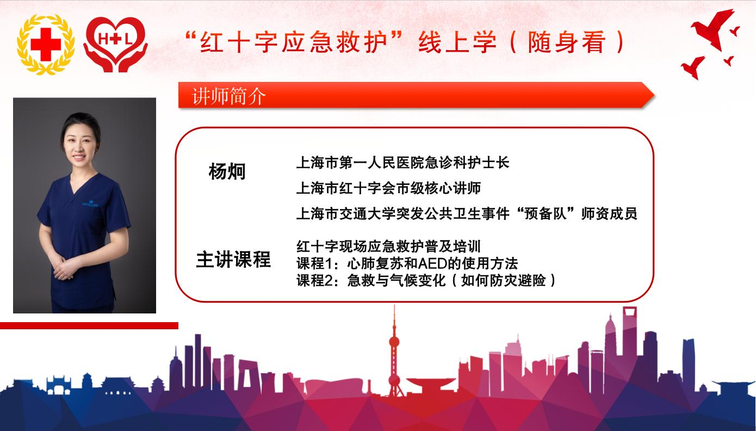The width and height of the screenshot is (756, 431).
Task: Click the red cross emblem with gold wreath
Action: [x=46, y=44]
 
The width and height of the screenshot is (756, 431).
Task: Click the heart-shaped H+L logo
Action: [x=115, y=44]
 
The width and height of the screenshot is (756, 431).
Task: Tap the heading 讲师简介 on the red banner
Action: [x=229, y=96]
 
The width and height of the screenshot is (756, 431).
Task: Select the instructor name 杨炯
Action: [x=227, y=171]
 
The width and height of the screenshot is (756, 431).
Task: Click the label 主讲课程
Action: [x=233, y=260]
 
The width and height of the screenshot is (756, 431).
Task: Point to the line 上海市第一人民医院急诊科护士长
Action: [x=402, y=163]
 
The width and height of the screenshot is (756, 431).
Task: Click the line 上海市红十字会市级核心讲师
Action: [x=388, y=188]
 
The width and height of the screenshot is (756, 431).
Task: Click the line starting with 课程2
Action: [x=426, y=280]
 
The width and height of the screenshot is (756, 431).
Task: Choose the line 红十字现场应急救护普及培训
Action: [x=388, y=247]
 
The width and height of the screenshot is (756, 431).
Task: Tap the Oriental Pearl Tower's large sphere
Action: [x=394, y=342]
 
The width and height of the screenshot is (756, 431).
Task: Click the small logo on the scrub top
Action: [x=90, y=204]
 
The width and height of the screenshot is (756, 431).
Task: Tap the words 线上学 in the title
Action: [x=458, y=42]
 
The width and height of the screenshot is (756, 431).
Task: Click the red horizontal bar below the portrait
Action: [x=89, y=325]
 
